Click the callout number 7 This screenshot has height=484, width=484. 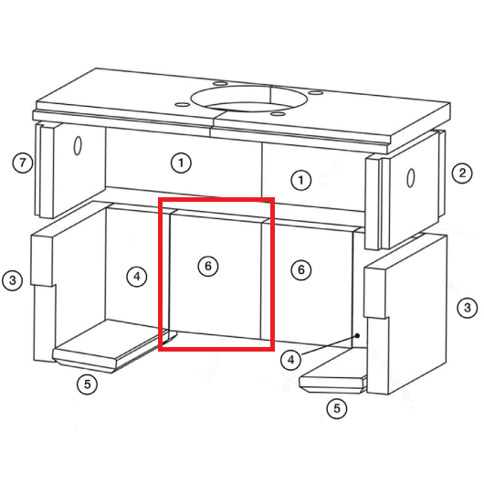pos(23,163)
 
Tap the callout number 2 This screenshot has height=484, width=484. pos(462,173)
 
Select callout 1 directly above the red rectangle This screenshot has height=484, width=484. pos(181,163)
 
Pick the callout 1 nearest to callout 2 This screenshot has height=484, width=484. pos(301,180)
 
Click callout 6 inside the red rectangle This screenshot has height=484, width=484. pos(208,266)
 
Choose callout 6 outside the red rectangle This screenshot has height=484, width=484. pos(301,270)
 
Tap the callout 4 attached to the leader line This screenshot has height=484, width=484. pos(290,360)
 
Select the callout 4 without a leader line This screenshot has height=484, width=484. pos(137,277)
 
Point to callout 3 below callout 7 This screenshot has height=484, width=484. pos(13,280)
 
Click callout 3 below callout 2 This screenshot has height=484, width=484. pos(468,308)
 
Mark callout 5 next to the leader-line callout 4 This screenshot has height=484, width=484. pos(337,409)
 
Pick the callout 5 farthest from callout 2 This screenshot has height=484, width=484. pos(88,384)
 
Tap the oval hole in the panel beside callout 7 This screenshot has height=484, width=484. pos(78,146)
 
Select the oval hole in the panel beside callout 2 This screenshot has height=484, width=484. pos(411,177)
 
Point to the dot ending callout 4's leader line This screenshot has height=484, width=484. pos(357,335)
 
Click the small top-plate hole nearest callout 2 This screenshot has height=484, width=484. pos(315,92)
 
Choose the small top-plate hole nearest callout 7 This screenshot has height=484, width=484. pos(183,105)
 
